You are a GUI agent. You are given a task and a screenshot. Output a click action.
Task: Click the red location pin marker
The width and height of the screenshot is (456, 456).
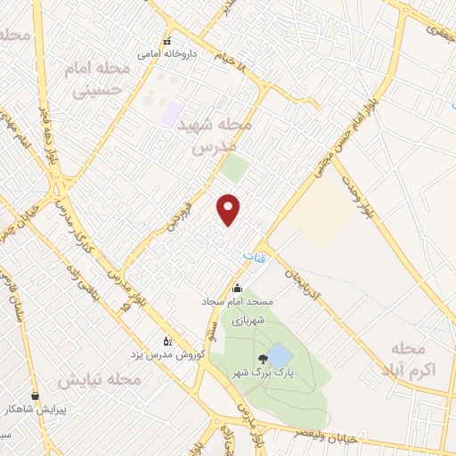point(230,208)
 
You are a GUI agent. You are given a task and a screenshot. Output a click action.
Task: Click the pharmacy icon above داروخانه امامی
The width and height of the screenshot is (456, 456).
point(167,41)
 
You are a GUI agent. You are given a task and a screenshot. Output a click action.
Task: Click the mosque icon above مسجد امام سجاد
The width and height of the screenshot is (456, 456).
point(237,288)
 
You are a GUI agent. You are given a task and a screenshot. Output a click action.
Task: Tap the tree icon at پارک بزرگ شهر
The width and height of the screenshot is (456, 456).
point(260,358)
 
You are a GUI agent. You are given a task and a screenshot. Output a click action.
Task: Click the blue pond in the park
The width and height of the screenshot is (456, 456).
point(278,355)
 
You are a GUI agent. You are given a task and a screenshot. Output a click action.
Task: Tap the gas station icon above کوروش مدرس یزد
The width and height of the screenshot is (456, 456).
point(166,340)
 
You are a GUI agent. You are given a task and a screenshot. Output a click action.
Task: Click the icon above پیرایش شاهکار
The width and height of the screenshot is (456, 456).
point(35,395)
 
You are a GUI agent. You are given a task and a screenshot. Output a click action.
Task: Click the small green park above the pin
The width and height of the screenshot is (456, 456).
point(235,169)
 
